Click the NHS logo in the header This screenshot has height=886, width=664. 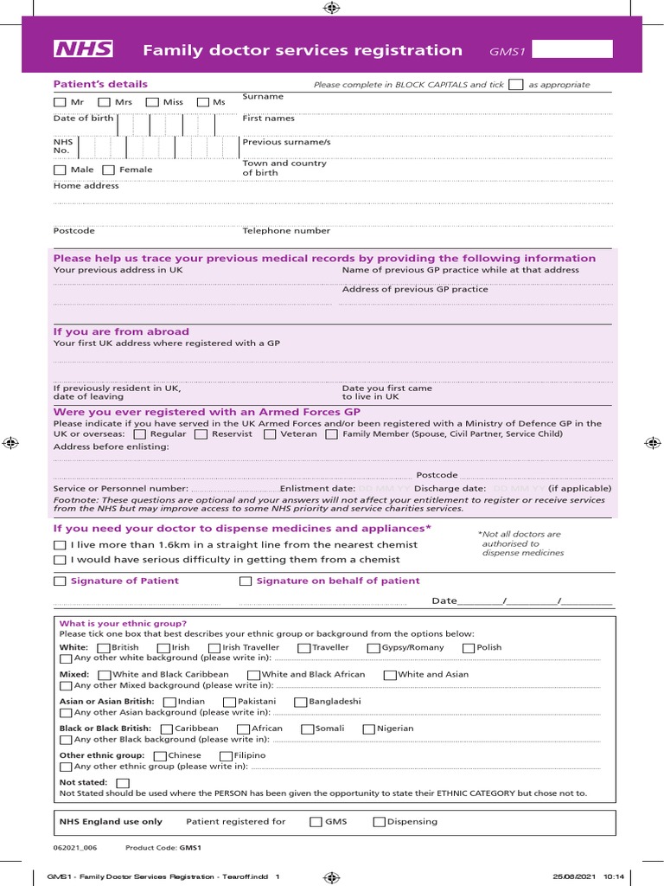coord(84,49)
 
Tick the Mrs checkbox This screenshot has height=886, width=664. coord(104,102)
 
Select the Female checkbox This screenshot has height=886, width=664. coord(108,170)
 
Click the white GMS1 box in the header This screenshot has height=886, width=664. coord(573,49)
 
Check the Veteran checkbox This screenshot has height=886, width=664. coord(270,434)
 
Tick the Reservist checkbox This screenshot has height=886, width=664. coord(201,434)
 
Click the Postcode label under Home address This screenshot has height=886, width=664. coord(74,231)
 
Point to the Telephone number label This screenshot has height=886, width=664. coord(286,231)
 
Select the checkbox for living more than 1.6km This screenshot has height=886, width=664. coord(60,545)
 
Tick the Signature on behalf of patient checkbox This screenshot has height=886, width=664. coord(246,581)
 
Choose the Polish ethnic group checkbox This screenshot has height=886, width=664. coord(469,648)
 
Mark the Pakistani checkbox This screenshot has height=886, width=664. coord(229,702)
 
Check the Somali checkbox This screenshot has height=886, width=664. coord(307,729)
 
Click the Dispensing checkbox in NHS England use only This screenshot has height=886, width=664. coord(380,822)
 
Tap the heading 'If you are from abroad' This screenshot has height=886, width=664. coord(121,332)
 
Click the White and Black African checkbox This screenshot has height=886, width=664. coord(253,675)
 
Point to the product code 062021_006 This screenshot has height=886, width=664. coord(75,848)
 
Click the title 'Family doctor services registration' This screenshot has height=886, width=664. coord(303,50)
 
